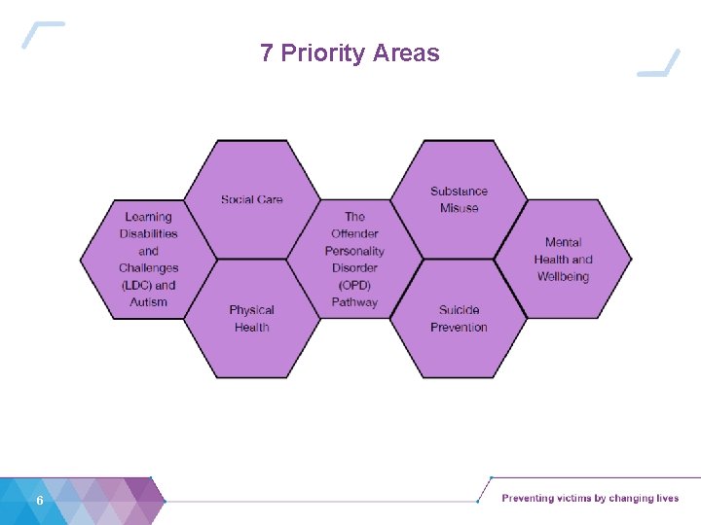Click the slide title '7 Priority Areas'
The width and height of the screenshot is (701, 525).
[x=350, y=52]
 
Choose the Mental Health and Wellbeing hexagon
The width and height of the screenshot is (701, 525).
[x=563, y=260]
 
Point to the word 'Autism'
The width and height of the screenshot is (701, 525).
[x=149, y=302]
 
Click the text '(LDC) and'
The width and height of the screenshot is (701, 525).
[x=149, y=285]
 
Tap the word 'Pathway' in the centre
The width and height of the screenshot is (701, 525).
[x=354, y=302]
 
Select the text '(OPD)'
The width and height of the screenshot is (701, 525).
[x=354, y=285]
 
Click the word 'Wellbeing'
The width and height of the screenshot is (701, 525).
[x=563, y=277]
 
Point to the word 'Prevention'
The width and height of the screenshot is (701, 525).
[x=459, y=328]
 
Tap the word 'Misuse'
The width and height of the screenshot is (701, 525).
[x=459, y=208]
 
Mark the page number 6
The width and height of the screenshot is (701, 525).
[x=39, y=500]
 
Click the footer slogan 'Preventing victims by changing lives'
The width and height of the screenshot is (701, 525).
[x=590, y=499]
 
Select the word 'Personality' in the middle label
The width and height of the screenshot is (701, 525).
[x=354, y=251]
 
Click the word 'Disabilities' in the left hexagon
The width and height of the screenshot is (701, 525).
[x=149, y=233]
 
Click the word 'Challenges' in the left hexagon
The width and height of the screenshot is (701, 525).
[x=149, y=268]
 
